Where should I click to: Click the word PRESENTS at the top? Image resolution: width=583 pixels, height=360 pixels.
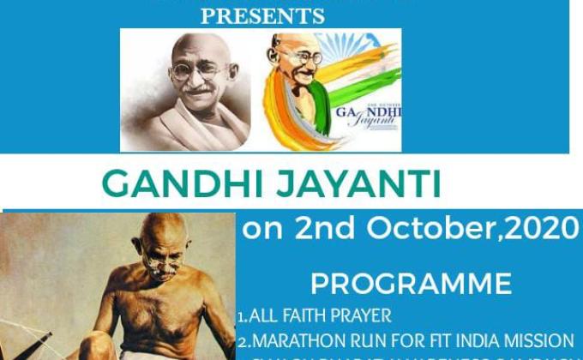point(262,15)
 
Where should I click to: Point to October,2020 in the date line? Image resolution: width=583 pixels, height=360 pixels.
point(463,229)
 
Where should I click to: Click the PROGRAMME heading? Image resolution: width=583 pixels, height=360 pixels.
point(411,283)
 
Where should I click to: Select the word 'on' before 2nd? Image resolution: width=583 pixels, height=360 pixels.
point(257,230)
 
